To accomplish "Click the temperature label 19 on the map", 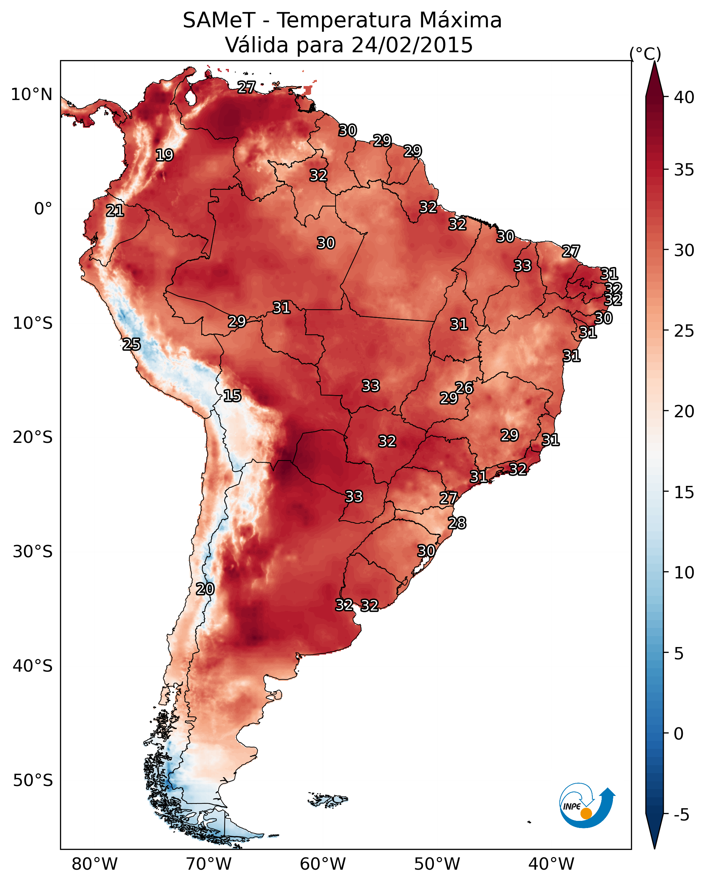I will point(164,155).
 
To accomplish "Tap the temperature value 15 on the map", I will point(232,396).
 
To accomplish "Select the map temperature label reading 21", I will point(115,211).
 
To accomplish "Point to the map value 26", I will point(464,388).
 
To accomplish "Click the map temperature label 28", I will point(457,523).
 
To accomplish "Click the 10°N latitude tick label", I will point(31,95).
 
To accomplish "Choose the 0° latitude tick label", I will point(43,209).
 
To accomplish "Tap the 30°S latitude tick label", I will point(33,552).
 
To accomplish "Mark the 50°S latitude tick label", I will point(33,781).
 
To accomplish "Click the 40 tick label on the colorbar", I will point(684,97).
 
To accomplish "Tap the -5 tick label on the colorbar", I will point(682,815).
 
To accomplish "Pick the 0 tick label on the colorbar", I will point(678,734).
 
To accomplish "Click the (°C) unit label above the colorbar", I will point(645,54).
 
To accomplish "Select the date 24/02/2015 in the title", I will point(412,45).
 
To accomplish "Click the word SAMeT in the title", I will point(219,20).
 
